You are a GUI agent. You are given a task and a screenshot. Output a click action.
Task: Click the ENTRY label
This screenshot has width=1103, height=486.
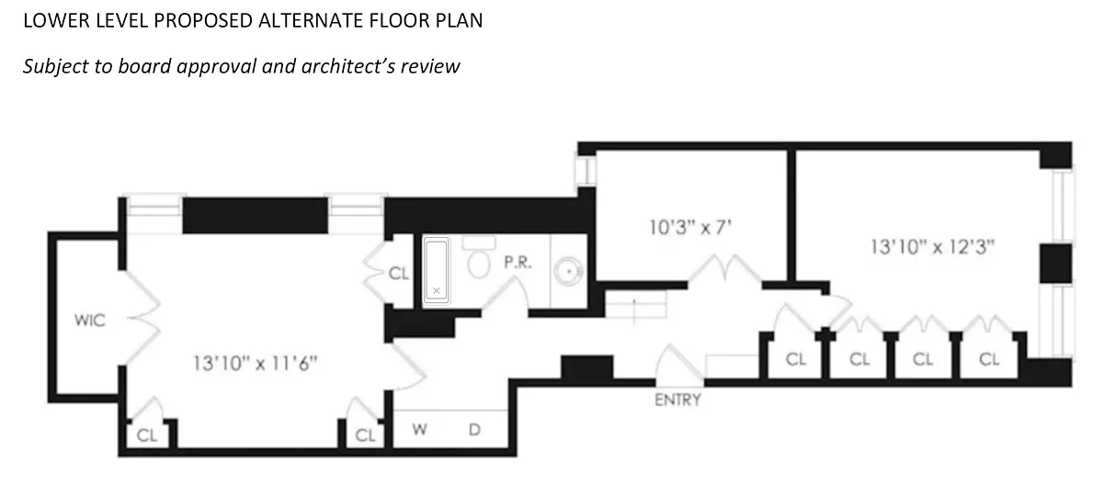(x=678, y=400)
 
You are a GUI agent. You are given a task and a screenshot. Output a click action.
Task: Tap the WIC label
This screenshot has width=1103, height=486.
(x=90, y=321)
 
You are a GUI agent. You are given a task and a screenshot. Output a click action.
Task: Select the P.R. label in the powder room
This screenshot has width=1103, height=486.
(x=515, y=262)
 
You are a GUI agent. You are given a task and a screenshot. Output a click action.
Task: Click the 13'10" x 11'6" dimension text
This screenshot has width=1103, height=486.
(x=255, y=362)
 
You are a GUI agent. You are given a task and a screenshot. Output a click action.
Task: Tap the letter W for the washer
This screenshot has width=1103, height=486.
(x=419, y=429)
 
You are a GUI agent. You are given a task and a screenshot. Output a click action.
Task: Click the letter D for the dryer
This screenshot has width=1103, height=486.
(x=475, y=429)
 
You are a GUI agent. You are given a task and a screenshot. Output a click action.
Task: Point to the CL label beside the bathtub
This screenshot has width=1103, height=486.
(x=397, y=273)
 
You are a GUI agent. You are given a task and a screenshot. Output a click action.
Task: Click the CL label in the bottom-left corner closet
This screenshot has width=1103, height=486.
(x=146, y=435)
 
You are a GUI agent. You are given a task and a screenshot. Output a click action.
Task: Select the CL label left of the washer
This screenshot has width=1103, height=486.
(x=365, y=435)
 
